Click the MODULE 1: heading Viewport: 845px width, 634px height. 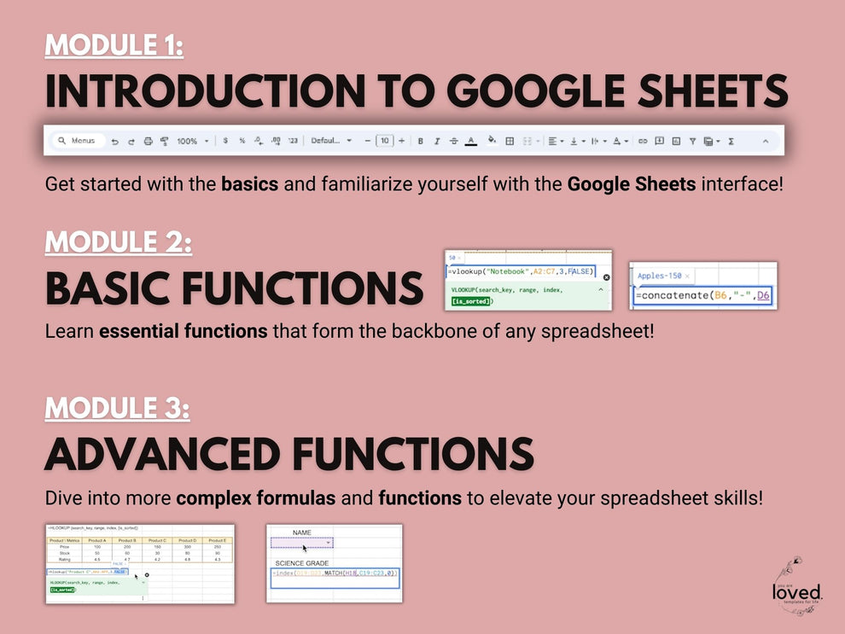[114, 44]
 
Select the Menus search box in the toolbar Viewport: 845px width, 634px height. [77, 141]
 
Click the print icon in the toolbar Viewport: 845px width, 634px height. [148, 141]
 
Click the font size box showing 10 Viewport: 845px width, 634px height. [384, 141]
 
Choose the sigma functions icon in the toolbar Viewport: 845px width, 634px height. [731, 141]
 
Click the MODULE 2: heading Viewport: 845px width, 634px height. [118, 242]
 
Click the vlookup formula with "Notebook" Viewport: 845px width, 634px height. [520, 271]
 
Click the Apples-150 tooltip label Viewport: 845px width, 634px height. [659, 276]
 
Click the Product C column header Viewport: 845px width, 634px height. [157, 540]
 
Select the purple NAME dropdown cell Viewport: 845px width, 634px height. [302, 542]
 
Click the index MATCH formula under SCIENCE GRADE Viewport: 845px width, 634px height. [335, 574]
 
